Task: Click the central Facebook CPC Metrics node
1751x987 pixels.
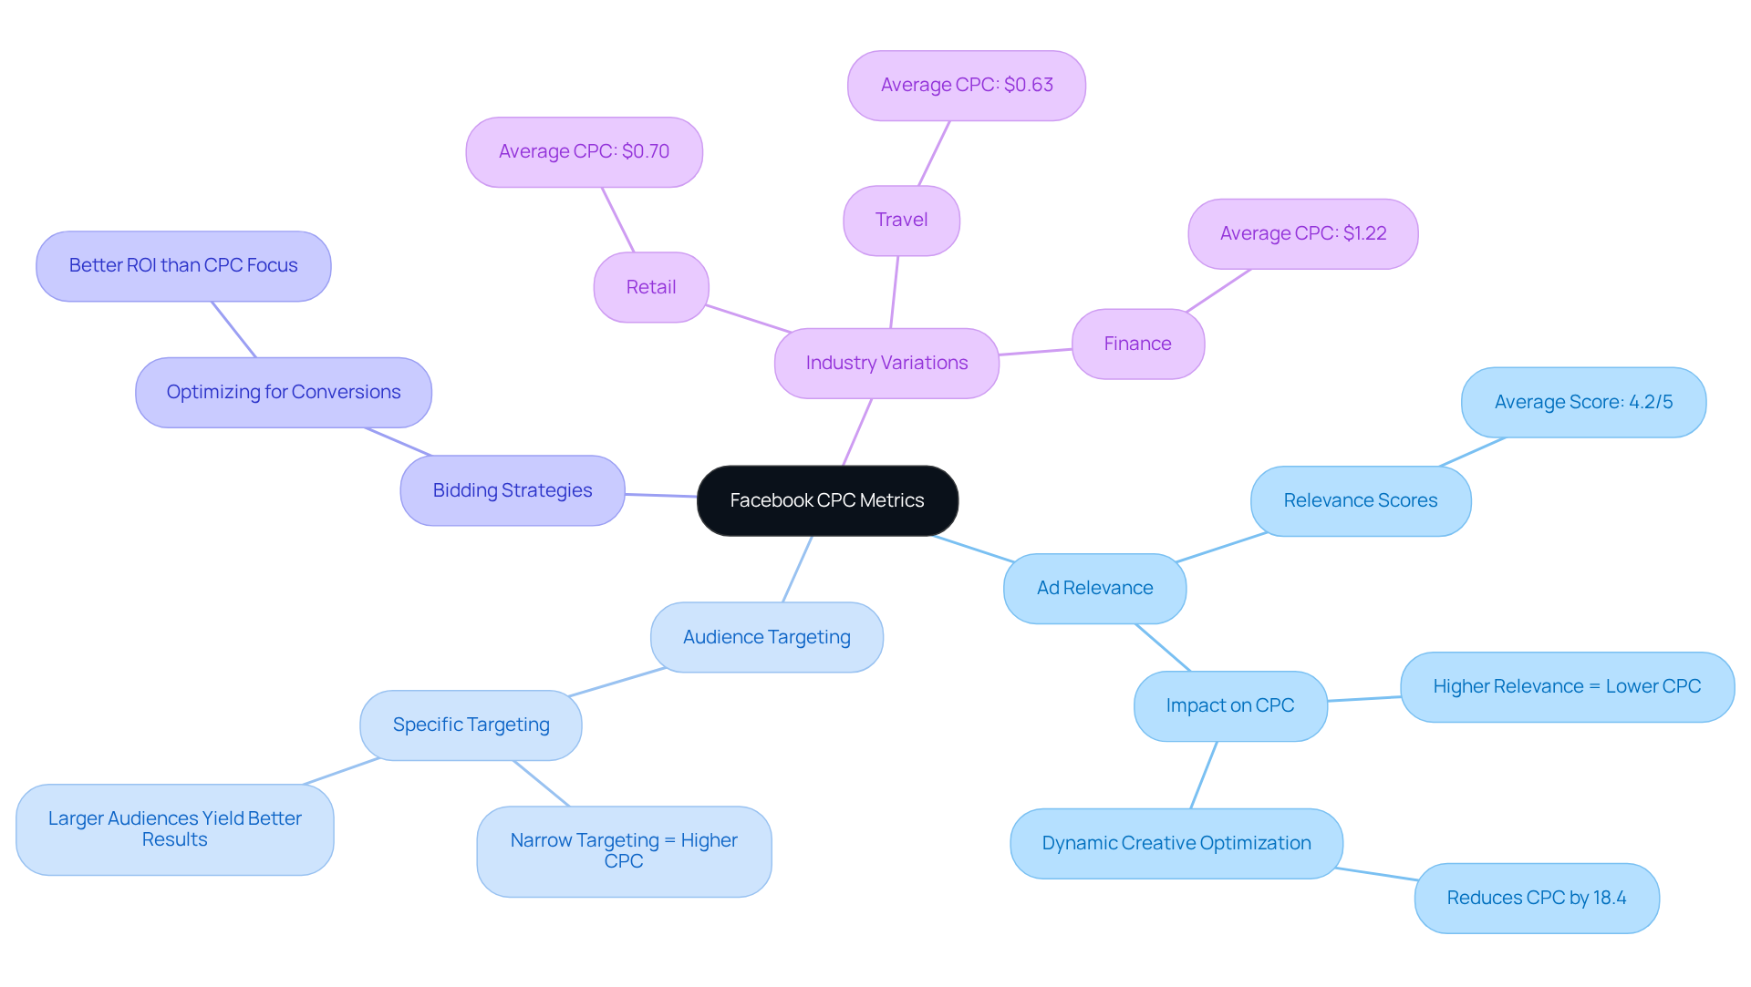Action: [827, 500]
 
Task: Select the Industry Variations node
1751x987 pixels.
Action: [886, 363]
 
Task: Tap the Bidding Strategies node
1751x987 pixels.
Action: [512, 490]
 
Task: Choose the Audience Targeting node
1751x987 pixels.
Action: [766, 637]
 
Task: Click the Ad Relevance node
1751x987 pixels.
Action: [1094, 588]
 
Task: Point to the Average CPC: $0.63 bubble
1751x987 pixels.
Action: [966, 85]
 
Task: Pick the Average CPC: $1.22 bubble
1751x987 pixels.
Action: [1302, 233]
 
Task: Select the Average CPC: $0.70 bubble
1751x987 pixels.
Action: [584, 151]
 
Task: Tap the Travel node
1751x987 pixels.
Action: [901, 220]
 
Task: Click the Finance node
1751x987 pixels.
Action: [1137, 344]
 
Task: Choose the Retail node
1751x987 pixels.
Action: [650, 287]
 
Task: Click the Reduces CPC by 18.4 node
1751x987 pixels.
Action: [1536, 898]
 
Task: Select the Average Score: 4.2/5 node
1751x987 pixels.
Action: [1583, 402]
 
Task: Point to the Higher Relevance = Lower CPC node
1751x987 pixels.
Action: [1567, 686]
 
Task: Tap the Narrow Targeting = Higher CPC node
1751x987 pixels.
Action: [624, 850]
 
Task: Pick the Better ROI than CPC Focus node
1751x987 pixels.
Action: [183, 265]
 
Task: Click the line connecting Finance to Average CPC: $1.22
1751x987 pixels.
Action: [1218, 291]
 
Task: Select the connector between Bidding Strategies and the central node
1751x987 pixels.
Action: [661, 495]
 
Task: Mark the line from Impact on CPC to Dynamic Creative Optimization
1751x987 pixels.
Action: [1204, 775]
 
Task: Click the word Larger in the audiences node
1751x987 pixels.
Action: [76, 818]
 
